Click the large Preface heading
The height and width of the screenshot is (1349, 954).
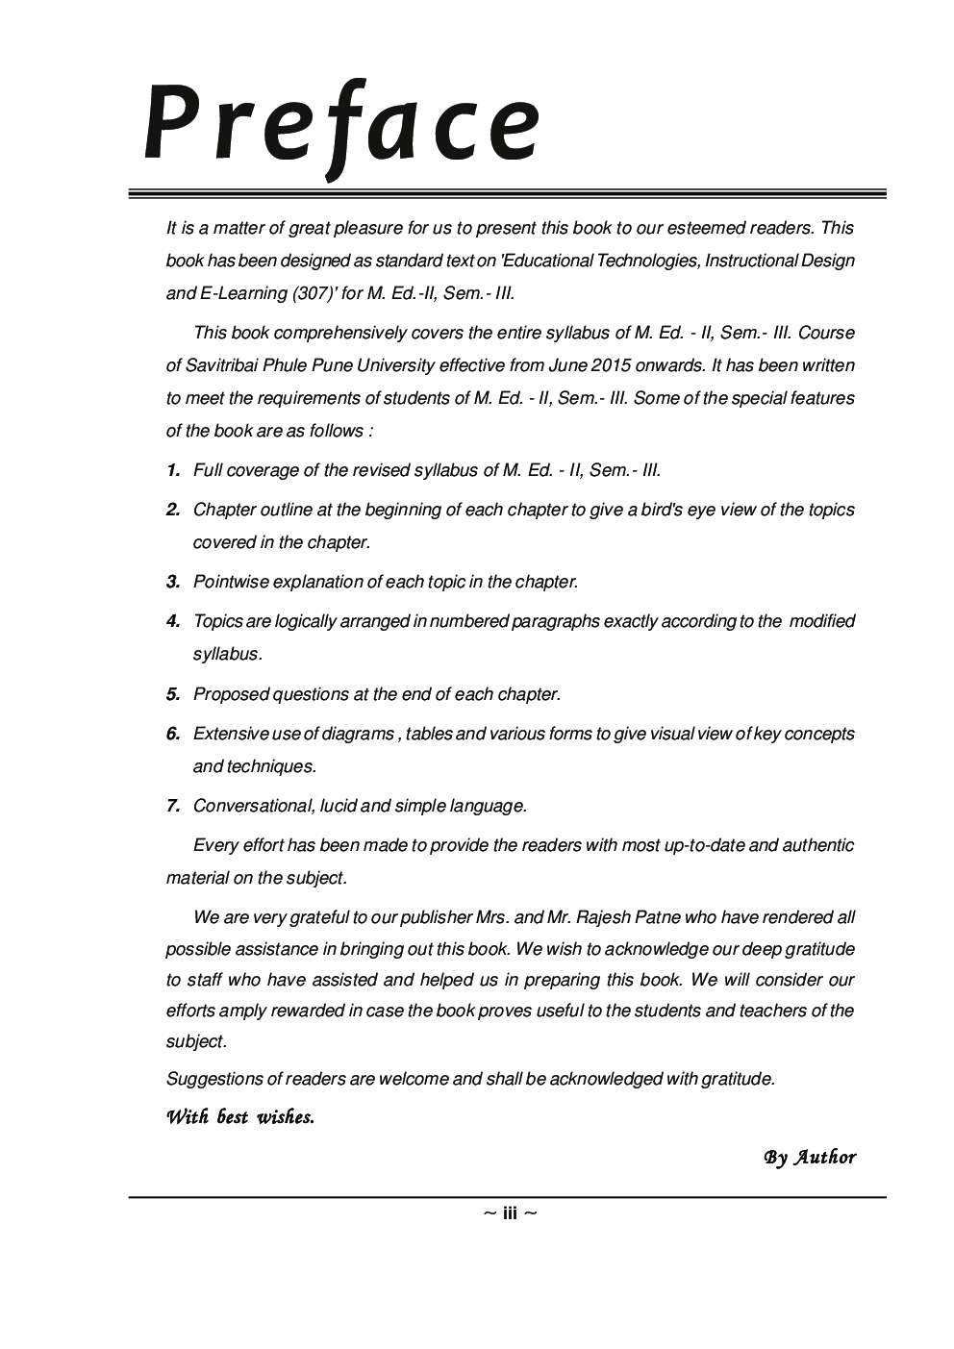click(x=342, y=126)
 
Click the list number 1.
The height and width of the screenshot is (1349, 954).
click(x=173, y=470)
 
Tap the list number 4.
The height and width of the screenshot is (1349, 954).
click(x=173, y=621)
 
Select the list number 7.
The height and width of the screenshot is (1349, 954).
click(x=173, y=806)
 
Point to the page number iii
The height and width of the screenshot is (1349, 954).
click(x=510, y=1213)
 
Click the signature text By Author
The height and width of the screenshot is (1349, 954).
click(x=810, y=1157)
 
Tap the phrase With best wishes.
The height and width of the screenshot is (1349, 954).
click(x=240, y=1117)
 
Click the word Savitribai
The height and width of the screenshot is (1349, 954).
click(x=225, y=365)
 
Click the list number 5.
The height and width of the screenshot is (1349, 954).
click(x=173, y=694)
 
